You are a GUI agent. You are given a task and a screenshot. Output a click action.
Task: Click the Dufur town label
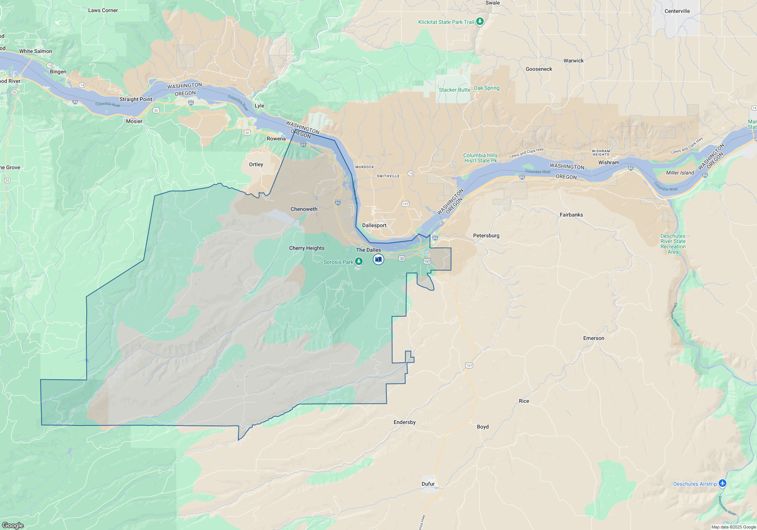point(428,484)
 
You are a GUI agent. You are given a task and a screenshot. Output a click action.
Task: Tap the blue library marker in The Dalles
point(378,259)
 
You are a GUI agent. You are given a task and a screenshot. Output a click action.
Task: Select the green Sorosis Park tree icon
point(358,261)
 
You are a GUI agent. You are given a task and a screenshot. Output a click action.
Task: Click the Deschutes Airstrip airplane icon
point(723,483)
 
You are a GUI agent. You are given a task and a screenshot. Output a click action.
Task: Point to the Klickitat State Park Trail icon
point(480,21)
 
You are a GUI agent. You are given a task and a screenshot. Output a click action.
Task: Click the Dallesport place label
point(374,225)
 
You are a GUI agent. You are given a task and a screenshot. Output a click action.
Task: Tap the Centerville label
point(677,11)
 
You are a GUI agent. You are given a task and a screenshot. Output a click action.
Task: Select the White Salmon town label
point(36,51)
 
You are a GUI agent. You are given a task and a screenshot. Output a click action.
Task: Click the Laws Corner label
point(103,10)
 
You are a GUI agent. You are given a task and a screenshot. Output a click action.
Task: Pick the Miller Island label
point(680,173)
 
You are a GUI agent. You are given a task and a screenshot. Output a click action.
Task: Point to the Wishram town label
point(609,162)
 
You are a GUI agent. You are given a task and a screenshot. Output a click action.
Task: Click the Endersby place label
point(404,422)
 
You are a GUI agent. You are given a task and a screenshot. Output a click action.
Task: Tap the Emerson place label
point(593,338)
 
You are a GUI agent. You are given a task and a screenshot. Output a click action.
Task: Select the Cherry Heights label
point(307,248)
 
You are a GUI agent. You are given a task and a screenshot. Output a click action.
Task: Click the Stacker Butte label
point(454,90)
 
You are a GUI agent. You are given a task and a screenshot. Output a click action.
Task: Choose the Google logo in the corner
point(12,525)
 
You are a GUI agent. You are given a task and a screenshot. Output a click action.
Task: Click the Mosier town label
point(134,121)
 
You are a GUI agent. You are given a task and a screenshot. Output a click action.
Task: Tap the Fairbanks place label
point(571,215)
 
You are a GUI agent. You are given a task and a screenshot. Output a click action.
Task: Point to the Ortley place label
point(256,164)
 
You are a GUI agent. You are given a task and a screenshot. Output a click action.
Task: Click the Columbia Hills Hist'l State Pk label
point(480,158)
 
